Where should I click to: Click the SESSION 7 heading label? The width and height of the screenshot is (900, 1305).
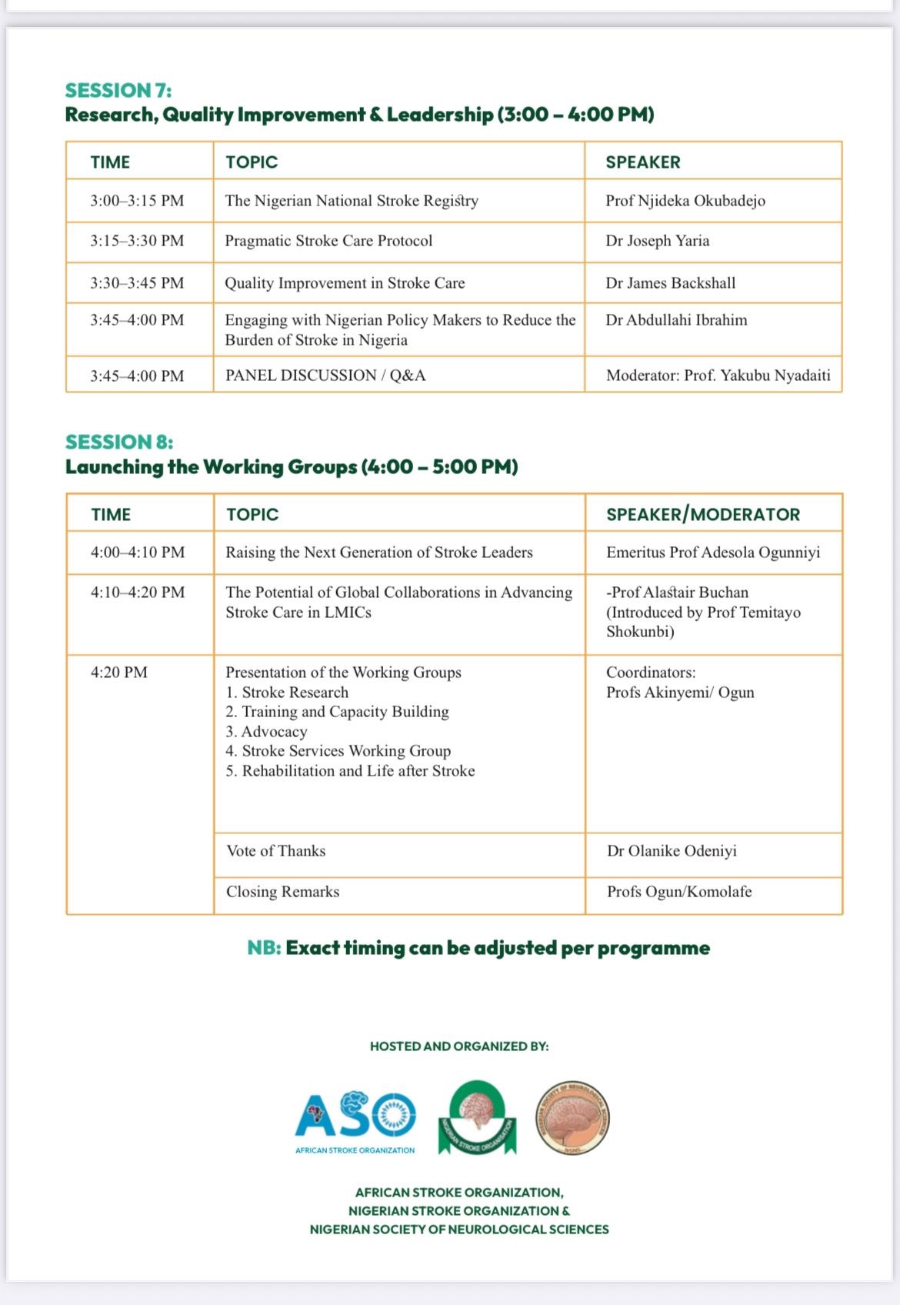click(118, 91)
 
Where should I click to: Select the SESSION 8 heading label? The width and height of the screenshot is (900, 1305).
click(119, 442)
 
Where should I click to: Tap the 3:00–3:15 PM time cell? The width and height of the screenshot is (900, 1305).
click(137, 201)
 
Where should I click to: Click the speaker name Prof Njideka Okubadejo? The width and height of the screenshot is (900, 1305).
click(685, 201)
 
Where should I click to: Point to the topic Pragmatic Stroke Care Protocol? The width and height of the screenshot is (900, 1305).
click(328, 241)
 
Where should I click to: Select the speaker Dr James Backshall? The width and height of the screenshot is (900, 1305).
click(670, 283)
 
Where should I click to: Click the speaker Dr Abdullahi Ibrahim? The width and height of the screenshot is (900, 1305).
click(676, 320)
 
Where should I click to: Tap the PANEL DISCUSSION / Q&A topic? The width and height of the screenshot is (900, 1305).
click(325, 375)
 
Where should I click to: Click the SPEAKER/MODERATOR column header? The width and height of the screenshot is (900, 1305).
click(702, 515)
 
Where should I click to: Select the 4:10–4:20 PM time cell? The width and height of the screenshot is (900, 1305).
click(138, 592)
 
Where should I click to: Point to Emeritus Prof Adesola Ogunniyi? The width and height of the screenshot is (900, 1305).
click(712, 552)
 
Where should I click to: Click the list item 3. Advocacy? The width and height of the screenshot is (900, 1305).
click(266, 732)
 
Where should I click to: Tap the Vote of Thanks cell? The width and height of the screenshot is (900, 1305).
click(275, 851)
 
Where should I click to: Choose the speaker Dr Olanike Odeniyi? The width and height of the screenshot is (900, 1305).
click(672, 851)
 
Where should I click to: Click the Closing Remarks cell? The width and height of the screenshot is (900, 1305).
click(282, 892)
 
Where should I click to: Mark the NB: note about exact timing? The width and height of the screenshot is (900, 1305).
click(478, 948)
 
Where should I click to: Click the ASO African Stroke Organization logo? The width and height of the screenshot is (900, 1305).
click(355, 1120)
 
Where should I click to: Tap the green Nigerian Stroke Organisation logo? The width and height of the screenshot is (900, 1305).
click(477, 1117)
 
